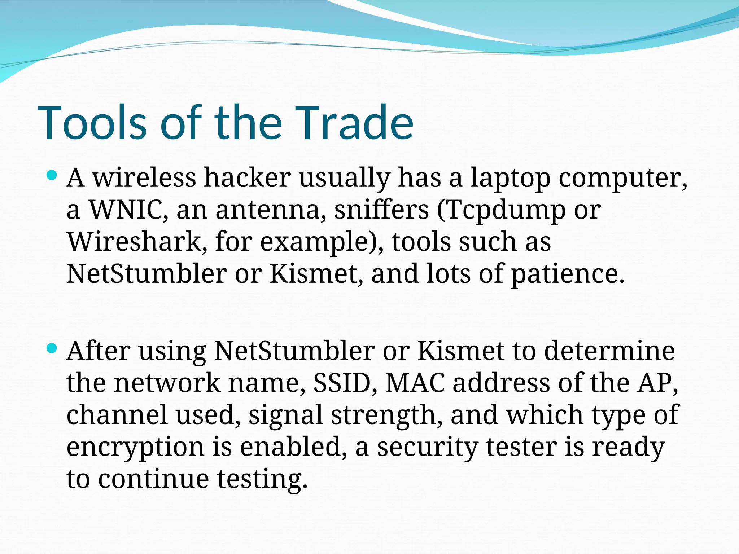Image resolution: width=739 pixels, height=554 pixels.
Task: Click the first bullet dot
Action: [x=52, y=176]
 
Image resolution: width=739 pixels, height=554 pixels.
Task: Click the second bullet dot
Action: [x=52, y=348]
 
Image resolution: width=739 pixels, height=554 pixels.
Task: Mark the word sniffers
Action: [x=381, y=210]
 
